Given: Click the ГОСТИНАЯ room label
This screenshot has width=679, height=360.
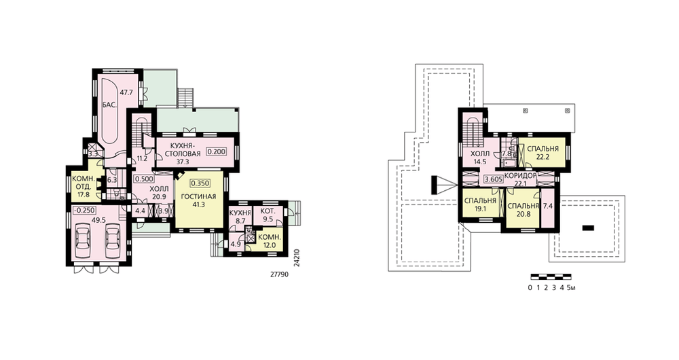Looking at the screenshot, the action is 198,197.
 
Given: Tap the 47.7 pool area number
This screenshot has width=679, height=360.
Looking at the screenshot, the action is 126,92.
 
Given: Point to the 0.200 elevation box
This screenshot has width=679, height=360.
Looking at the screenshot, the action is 216,152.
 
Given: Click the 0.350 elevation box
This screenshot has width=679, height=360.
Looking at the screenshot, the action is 200,183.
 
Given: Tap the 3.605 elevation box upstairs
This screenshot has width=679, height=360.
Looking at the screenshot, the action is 493,180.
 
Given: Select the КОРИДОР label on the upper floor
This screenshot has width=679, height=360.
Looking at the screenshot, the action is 520,175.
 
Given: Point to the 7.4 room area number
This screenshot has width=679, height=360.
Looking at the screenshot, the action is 547,206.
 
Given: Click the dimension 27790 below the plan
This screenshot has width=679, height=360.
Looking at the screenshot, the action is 279,274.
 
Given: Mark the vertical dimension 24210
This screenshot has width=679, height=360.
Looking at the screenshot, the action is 296,257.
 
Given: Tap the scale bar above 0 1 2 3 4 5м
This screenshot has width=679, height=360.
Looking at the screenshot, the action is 551,276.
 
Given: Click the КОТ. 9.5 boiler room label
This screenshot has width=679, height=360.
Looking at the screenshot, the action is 268,215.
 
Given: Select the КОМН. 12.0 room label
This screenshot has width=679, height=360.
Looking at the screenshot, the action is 270,241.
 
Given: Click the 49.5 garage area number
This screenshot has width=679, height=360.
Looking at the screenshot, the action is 98,219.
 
